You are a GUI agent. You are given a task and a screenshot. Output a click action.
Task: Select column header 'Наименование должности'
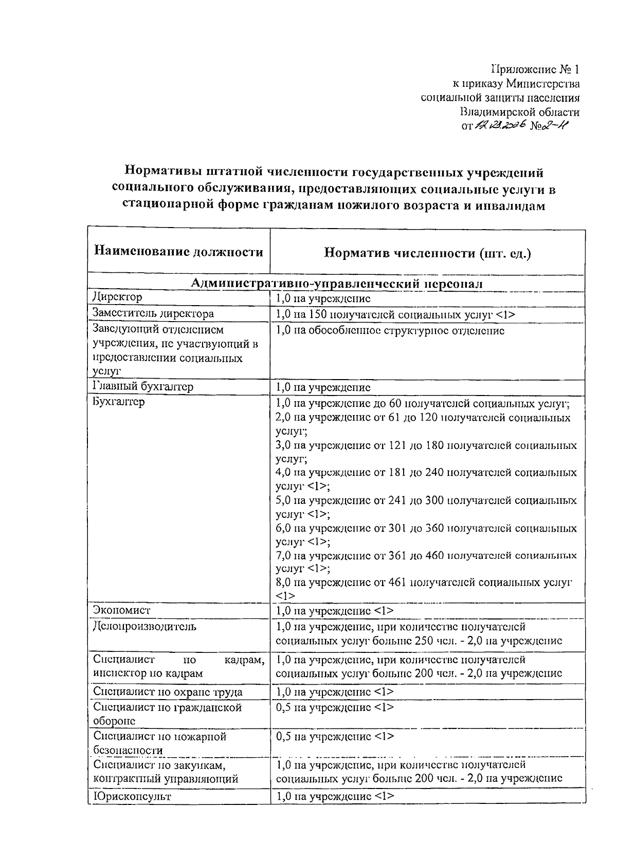coord(178,252)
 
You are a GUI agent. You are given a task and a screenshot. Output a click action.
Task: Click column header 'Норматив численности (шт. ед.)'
coord(427,253)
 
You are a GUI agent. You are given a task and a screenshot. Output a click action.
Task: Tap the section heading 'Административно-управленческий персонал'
coord(336,284)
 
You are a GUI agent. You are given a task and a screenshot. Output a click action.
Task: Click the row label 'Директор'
coord(118,297)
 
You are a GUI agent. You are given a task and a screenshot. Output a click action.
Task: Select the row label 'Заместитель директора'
coord(153,313)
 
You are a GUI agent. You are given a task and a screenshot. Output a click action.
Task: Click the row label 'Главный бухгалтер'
coord(143,387)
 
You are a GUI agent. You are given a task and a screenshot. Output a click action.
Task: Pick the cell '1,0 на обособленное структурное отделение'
coord(390,331)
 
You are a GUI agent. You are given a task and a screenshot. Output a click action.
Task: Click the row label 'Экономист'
coord(122,610)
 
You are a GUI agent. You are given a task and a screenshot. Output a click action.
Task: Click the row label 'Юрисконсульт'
coord(132,796)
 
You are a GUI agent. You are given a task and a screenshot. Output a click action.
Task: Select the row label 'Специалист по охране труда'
coord(168,691)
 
